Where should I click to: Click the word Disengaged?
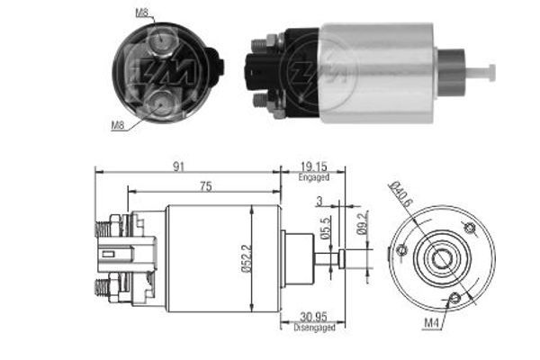313,328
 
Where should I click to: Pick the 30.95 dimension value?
312,318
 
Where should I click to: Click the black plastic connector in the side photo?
259,71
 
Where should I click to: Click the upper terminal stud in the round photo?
162,40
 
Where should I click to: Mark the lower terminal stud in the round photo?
163,103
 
